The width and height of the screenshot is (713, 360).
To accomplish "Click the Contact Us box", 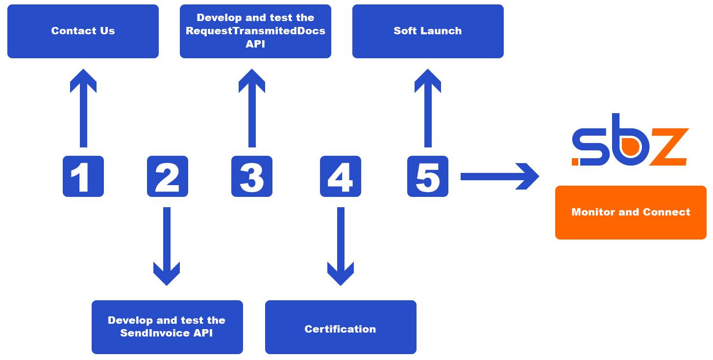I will (x=83, y=31).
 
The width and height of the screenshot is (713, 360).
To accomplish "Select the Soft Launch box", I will (x=428, y=31).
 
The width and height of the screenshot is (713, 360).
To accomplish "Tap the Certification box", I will (x=341, y=327).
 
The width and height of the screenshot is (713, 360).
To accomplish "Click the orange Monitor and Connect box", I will (x=631, y=213).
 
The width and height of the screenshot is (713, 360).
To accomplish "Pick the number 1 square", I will (x=83, y=176).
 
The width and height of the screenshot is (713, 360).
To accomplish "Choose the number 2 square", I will (x=168, y=176).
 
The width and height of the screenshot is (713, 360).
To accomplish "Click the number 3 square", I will (x=252, y=176).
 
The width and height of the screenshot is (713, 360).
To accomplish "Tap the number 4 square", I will (x=341, y=176).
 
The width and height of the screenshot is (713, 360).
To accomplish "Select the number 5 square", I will (x=428, y=176).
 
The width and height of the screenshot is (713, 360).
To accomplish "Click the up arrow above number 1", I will (x=83, y=108).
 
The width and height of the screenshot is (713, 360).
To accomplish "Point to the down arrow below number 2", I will (x=167, y=245).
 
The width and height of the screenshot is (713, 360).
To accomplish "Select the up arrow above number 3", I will (x=252, y=108).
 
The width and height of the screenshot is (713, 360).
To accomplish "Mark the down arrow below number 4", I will (x=341, y=245).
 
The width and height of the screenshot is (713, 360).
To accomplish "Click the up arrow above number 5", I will (x=428, y=108).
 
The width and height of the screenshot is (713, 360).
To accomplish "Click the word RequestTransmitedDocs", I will (x=255, y=31).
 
